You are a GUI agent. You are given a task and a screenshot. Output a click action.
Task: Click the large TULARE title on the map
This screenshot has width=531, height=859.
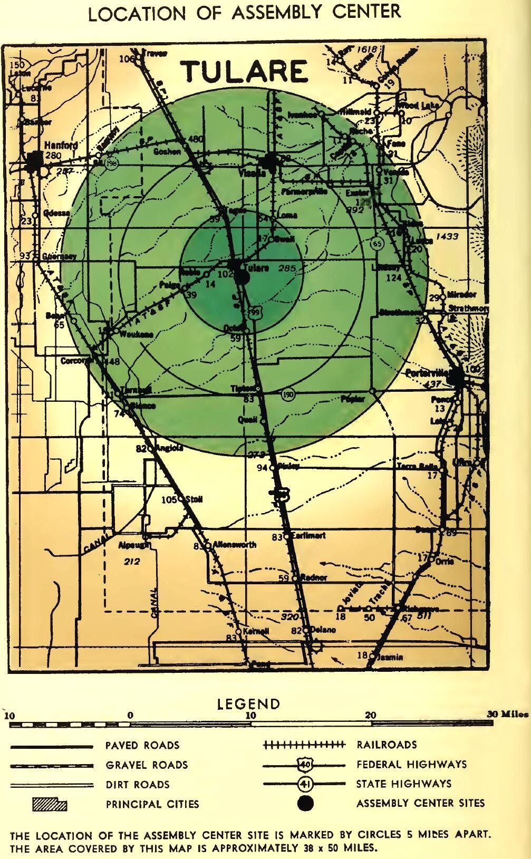point(245,72)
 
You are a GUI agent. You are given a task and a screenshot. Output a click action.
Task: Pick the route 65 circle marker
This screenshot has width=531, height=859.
point(376,244)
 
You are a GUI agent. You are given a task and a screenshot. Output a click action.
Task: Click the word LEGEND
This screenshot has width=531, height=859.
point(248,704)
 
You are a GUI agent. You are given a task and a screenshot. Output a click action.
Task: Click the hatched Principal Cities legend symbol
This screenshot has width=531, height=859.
point(50,804)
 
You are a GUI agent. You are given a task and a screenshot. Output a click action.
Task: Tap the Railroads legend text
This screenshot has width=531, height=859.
point(387,745)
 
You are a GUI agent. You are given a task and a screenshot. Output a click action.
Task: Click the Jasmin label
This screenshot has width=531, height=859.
point(390,657)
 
